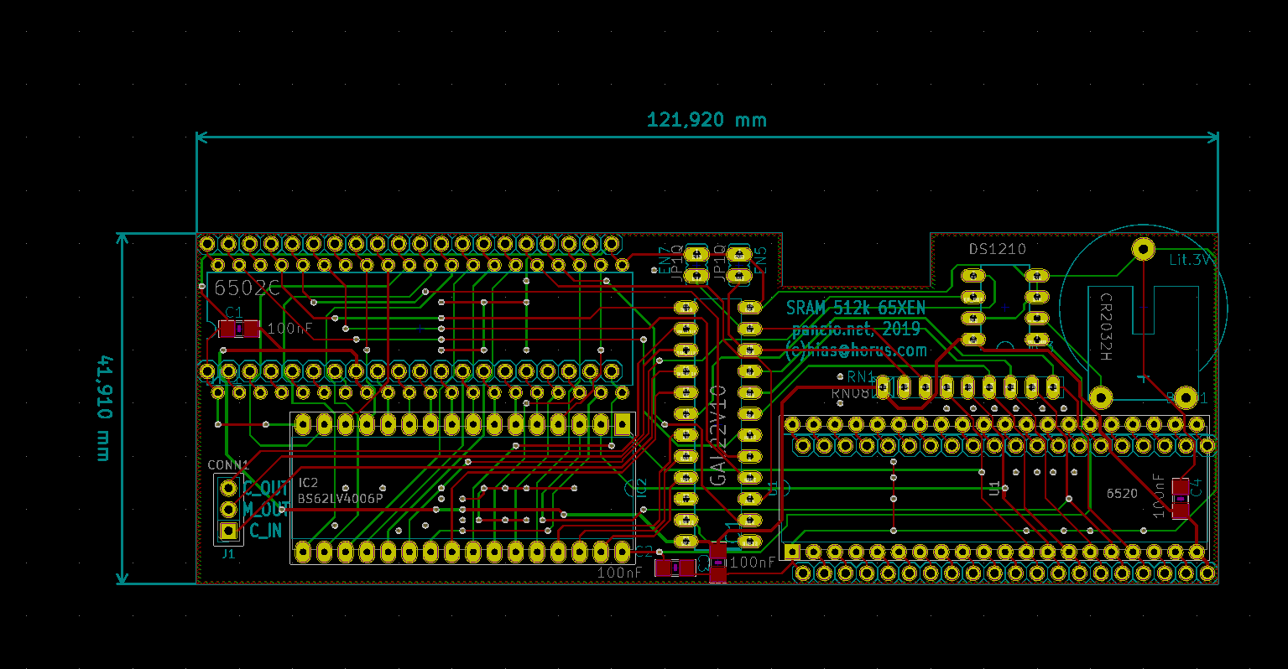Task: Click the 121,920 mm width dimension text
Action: pyautogui.click(x=707, y=120)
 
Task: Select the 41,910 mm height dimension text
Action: pyautogui.click(x=103, y=408)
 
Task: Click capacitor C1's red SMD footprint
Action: pyautogui.click(x=239, y=329)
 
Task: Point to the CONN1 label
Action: pyautogui.click(x=228, y=464)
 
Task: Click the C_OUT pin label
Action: pyautogui.click(x=267, y=488)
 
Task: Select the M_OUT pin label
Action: pyautogui.click(x=267, y=509)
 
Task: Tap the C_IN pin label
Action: pyautogui.click(x=266, y=531)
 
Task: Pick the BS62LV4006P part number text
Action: pyautogui.click(x=340, y=499)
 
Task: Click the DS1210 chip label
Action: pyautogui.click(x=997, y=249)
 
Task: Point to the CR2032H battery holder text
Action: pyautogui.click(x=1106, y=327)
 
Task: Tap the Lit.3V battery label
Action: pyautogui.click(x=1191, y=260)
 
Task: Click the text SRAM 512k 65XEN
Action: pyautogui.click(x=855, y=308)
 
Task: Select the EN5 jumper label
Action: pyautogui.click(x=760, y=260)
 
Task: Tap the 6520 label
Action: pyautogui.click(x=1122, y=494)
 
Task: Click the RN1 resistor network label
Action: pyautogui.click(x=861, y=377)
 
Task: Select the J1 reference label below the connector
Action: pyautogui.click(x=228, y=554)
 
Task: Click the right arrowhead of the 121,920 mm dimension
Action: pyautogui.click(x=1212, y=137)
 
